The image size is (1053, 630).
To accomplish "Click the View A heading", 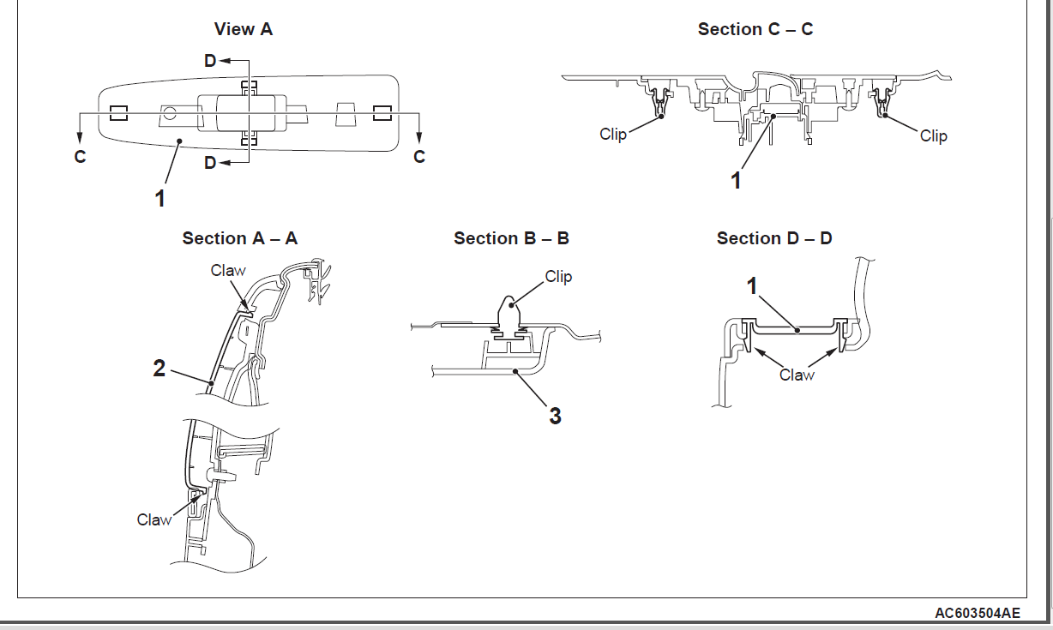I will point(244,29).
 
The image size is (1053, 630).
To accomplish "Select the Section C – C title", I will point(755,29).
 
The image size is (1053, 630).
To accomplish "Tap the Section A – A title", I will point(240,238).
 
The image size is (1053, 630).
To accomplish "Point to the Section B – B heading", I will point(511,238).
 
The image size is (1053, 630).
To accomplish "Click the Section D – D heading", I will point(774,238).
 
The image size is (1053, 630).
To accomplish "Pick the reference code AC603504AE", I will point(978,614).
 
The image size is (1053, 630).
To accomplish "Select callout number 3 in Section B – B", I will point(555,416).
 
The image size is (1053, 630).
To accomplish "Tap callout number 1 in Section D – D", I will point(754,285).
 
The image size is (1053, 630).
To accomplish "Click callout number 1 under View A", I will point(159,198).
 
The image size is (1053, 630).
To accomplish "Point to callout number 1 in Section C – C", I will point(735,180).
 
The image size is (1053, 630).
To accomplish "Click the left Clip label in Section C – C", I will point(613,134).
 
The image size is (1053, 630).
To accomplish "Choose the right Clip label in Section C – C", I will point(933,135).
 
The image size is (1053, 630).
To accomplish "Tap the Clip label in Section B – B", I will point(558,276).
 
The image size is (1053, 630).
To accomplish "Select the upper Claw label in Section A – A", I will point(228,271).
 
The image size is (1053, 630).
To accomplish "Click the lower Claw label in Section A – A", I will point(154,519).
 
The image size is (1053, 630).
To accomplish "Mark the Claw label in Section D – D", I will point(797,375).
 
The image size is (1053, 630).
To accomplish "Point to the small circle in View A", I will point(170,111).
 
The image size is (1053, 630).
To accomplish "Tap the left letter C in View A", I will point(80,158).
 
